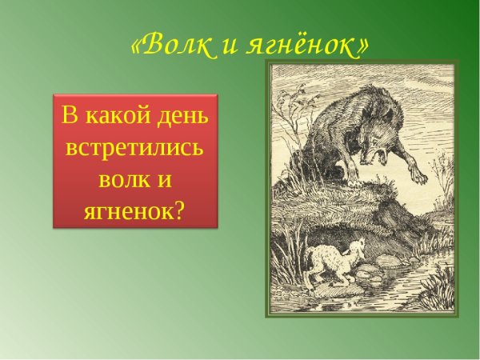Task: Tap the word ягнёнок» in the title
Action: coord(308,46)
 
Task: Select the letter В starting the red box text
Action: coord(70,116)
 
